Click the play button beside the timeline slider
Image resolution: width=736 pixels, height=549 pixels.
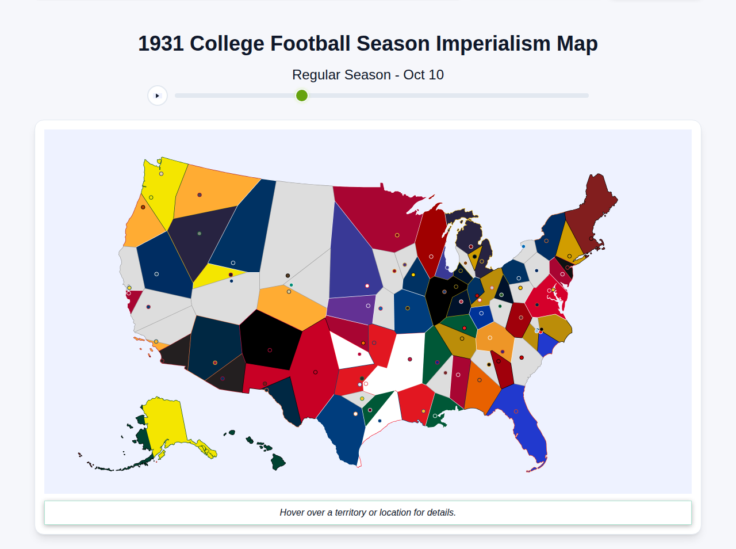coord(158,96)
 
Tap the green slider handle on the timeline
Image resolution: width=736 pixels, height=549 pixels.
coord(302,96)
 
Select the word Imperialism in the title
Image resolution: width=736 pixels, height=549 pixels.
coord(493,44)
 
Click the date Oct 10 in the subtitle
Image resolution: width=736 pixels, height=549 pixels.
coord(423,75)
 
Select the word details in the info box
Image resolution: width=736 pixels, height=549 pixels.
coord(440,512)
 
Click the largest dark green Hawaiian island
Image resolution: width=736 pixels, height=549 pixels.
coord(278,462)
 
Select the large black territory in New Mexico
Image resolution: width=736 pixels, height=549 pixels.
coord(270,340)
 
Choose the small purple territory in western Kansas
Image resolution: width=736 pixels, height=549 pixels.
coord(351,308)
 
